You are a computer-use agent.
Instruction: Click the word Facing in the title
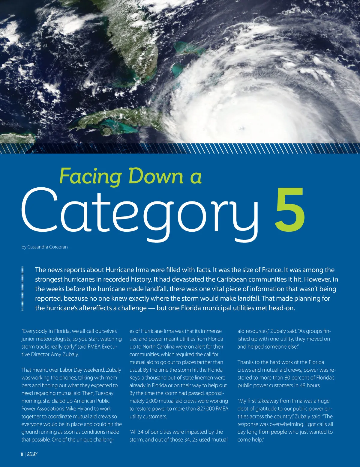90,177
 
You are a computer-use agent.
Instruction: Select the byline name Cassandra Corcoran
47,247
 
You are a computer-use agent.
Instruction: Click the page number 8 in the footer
22,454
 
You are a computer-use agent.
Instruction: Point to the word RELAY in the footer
32,454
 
